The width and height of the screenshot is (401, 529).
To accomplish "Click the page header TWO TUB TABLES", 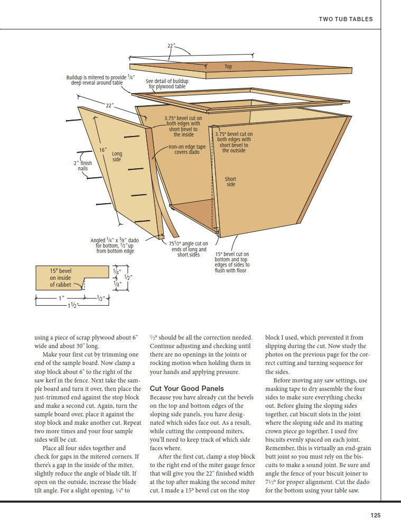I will tap(346, 19).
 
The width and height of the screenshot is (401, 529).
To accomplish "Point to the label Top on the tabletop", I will tap(228, 67).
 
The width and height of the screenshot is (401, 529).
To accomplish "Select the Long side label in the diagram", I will tap(117, 157).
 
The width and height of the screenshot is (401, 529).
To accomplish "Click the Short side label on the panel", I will tap(231, 181).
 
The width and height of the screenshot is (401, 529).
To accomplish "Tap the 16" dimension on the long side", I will tap(103, 150).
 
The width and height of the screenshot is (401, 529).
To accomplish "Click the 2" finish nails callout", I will tap(83, 166).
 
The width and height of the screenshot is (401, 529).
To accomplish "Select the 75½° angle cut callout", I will tap(188, 249).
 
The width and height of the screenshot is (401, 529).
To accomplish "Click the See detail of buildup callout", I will tap(167, 84).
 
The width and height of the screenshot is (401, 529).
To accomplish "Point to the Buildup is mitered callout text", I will tap(97, 80).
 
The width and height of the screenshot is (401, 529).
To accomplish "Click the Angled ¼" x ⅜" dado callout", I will tap(115, 245).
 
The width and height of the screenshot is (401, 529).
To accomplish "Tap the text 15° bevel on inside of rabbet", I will tap(60, 277).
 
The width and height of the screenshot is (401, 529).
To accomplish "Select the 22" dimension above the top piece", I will tap(171, 46).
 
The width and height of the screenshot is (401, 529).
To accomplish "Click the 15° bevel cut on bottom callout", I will tap(232, 262).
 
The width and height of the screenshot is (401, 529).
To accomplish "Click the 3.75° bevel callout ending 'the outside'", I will tap(234, 142).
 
